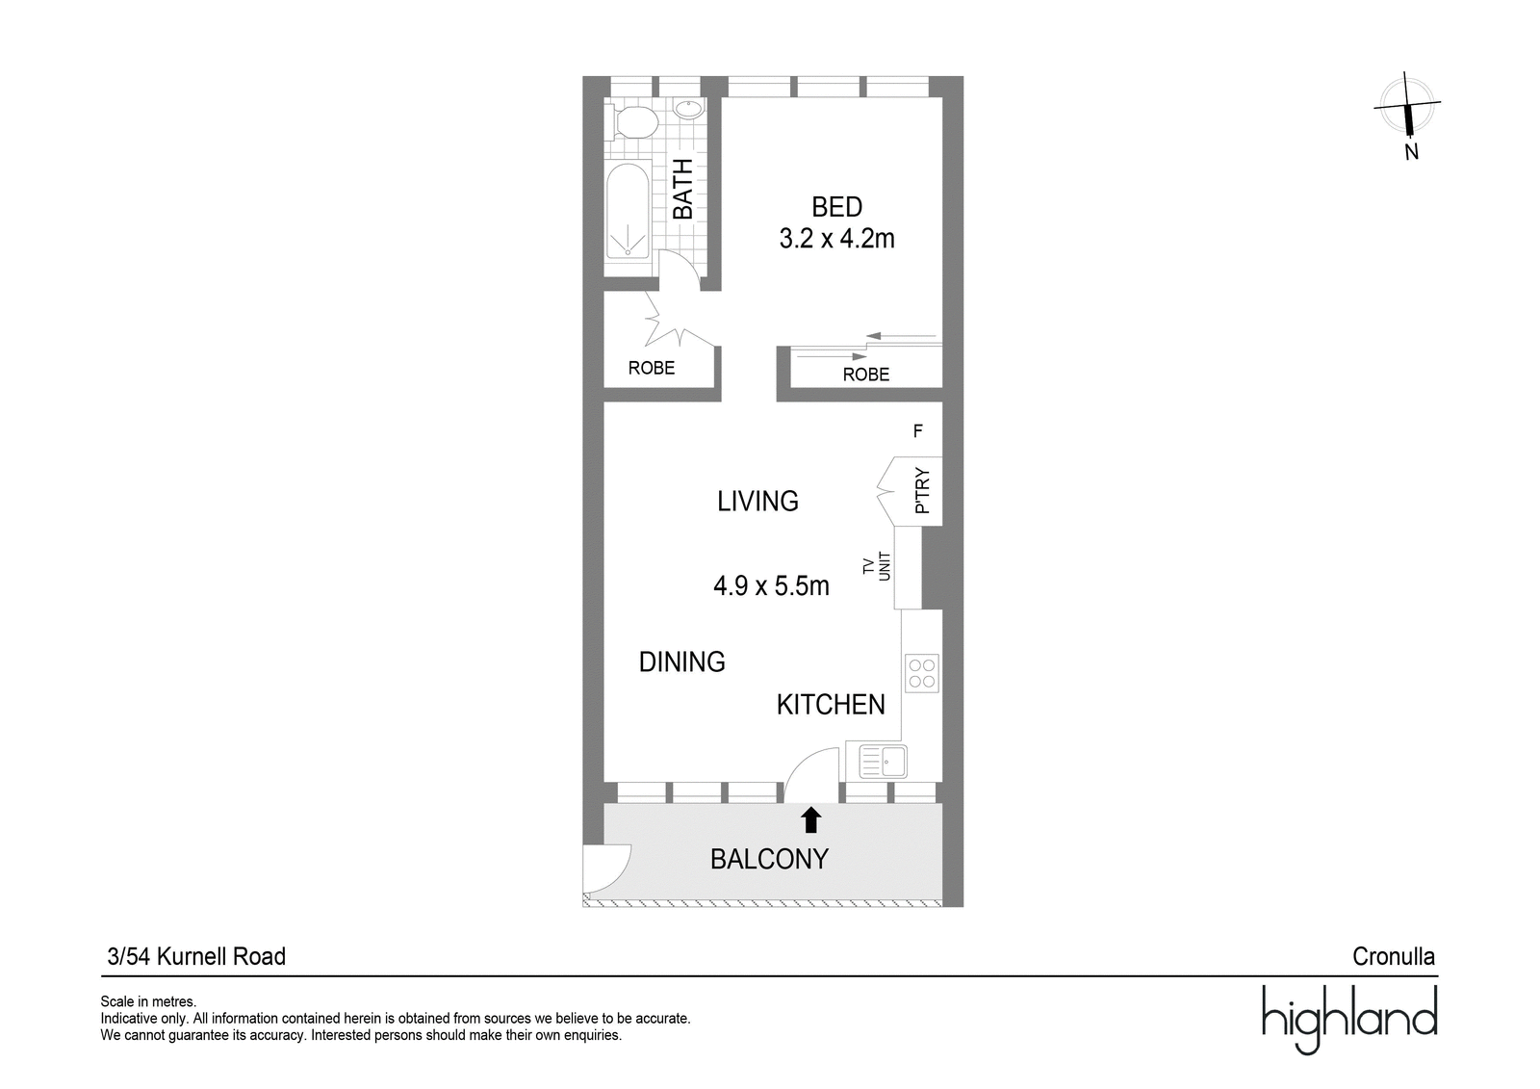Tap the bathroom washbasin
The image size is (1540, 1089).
(688, 109)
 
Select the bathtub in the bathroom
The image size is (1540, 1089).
(628, 210)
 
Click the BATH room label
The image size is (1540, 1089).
(682, 189)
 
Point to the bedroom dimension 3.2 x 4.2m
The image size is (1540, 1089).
(836, 239)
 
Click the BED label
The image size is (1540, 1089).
(836, 206)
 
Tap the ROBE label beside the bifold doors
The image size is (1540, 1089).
(651, 368)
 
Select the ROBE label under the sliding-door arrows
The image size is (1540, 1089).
(865, 375)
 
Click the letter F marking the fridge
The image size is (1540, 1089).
(918, 431)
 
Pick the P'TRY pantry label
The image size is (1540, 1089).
(923, 490)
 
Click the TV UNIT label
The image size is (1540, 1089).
(877, 566)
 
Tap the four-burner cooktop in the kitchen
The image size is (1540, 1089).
(922, 673)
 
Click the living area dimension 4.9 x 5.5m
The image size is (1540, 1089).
(771, 586)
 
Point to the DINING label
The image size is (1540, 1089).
(682, 661)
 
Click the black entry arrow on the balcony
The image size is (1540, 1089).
(811, 820)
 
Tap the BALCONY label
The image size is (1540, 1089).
(769, 859)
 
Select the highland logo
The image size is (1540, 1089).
(1349, 1020)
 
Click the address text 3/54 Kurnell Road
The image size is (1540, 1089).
(196, 956)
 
